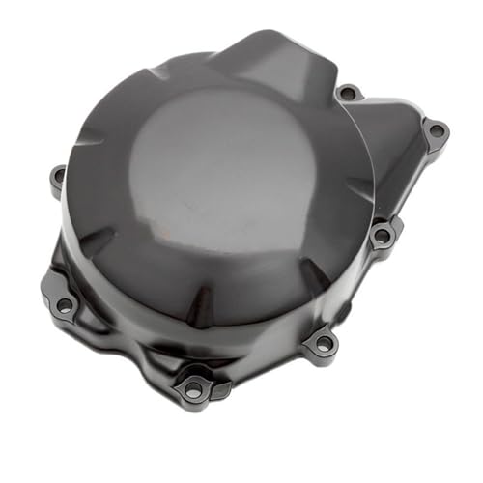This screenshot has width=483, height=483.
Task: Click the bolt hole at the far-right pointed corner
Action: click(x=437, y=129)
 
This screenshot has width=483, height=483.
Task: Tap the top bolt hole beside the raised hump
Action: click(x=350, y=94)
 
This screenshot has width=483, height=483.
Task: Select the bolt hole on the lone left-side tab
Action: click(x=58, y=178)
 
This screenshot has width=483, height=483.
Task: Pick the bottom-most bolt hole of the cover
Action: click(x=193, y=388)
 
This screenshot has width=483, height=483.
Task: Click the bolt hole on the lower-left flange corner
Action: click(x=64, y=304)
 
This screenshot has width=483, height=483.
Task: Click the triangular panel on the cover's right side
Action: click(x=391, y=164)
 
